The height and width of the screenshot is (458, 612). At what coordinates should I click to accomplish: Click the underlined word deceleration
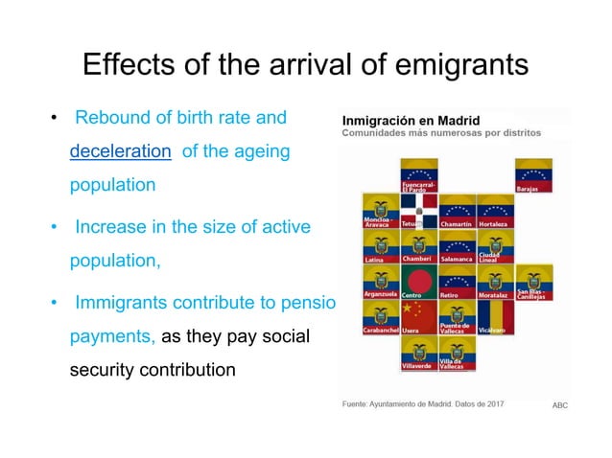[x=121, y=151]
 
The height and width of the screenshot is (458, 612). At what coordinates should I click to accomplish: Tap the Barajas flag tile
[x=533, y=175]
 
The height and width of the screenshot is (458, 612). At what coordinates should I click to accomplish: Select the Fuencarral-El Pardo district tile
[x=419, y=175]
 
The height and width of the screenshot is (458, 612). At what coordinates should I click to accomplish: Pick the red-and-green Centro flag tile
[x=419, y=282]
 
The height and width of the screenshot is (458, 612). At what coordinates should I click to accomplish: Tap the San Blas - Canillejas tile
[x=533, y=282]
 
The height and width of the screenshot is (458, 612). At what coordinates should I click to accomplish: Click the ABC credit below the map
[x=559, y=405]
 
